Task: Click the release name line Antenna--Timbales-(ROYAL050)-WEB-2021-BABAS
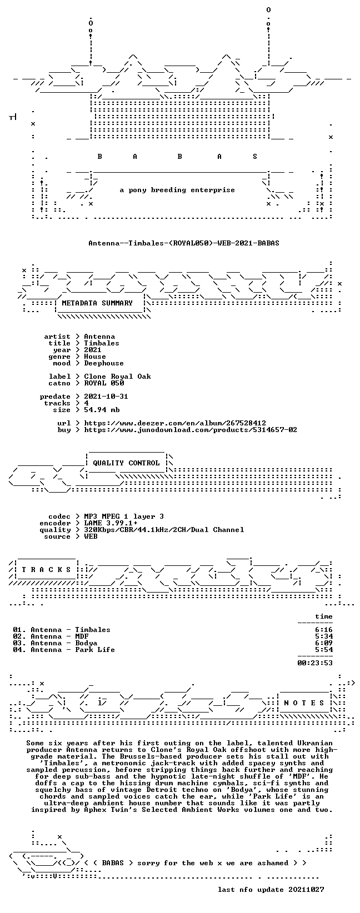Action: (x=184, y=243)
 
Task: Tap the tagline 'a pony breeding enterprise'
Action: (x=177, y=190)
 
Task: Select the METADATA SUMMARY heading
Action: (x=97, y=303)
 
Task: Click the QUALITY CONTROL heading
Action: (x=126, y=463)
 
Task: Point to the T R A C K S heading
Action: (x=47, y=570)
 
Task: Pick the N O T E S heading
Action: (x=304, y=703)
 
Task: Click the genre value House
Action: (x=95, y=357)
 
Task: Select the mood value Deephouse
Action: (x=104, y=364)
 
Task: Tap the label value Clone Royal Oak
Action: (x=117, y=377)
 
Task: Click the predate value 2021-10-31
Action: (x=106, y=397)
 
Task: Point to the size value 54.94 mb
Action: (x=102, y=410)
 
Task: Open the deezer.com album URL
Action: (x=175, y=424)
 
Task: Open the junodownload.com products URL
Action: (x=191, y=430)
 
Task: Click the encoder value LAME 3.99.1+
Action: (x=111, y=523)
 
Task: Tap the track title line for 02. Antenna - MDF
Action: (x=51, y=636)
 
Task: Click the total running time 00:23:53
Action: (x=315, y=663)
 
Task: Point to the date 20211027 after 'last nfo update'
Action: (x=306, y=890)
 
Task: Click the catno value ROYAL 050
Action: (x=104, y=383)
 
